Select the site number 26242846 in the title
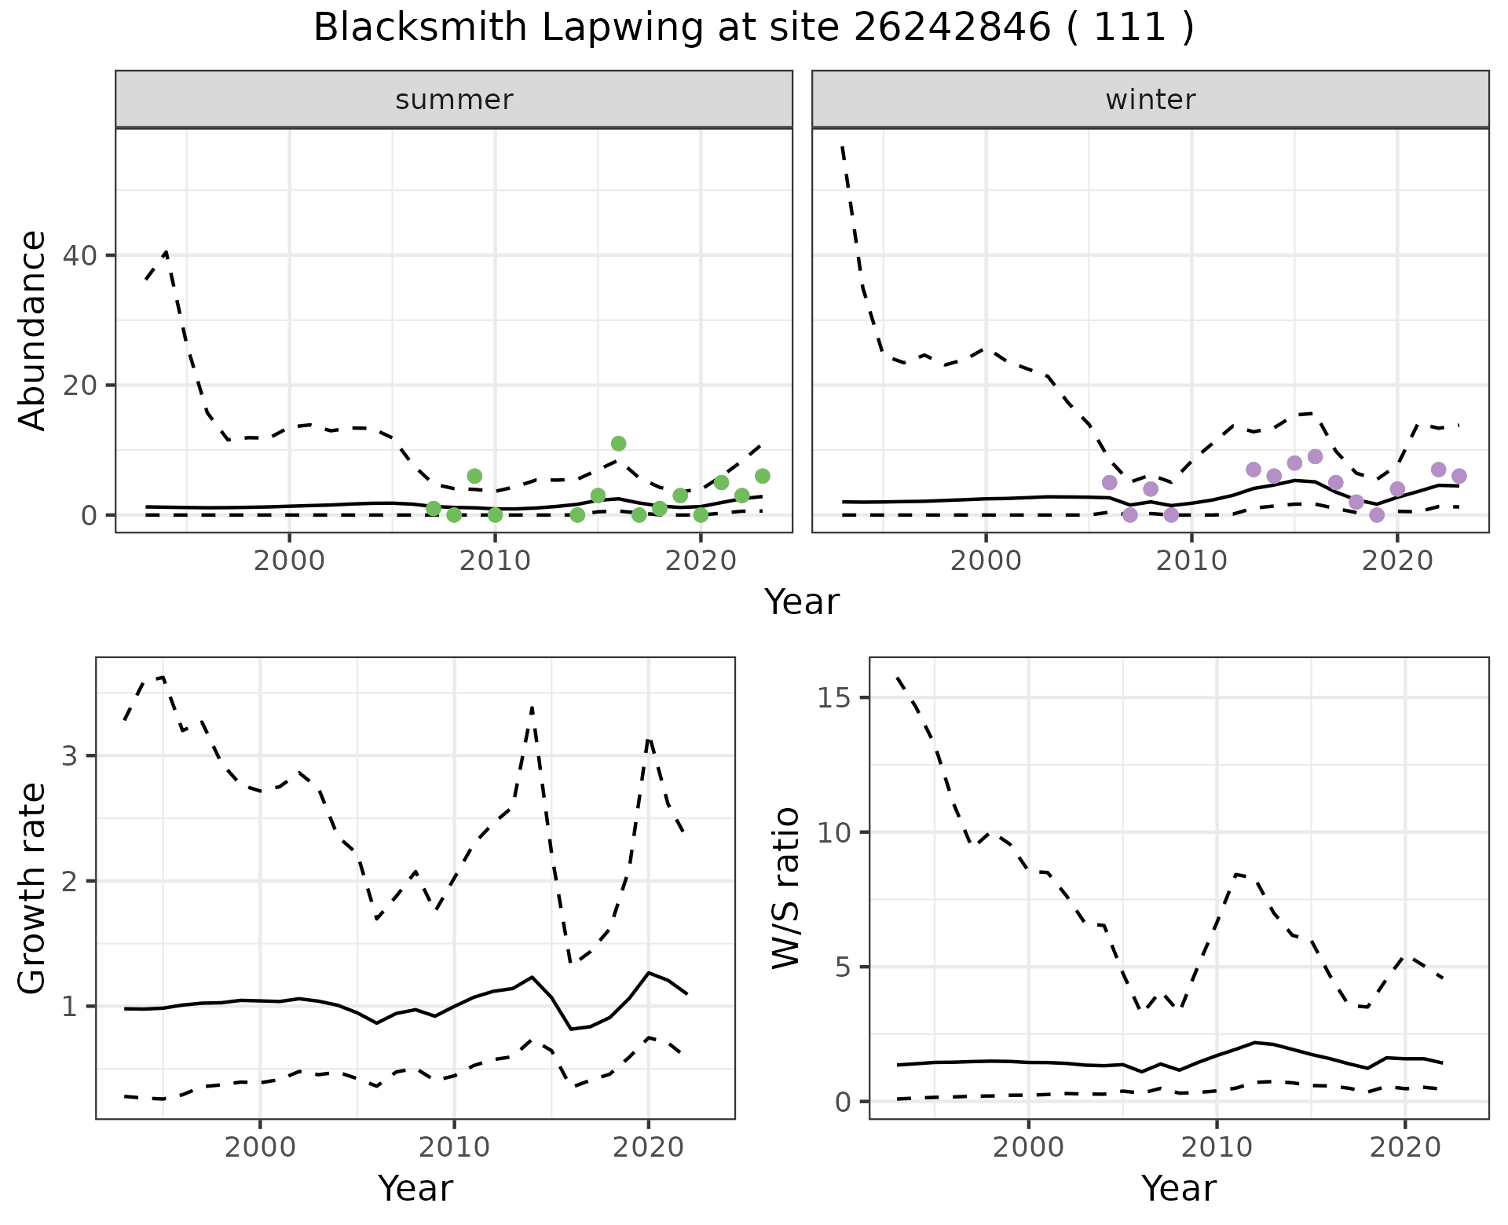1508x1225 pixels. coord(951,28)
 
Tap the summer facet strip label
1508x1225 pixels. coord(454,100)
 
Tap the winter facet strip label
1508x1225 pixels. coord(1150,100)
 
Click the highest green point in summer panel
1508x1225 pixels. coord(618,444)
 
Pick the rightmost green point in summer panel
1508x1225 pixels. coord(762,476)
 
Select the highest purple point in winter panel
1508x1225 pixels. coord(1315,457)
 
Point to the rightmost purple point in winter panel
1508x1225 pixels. coord(1459,476)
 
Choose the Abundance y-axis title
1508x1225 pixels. coord(33,331)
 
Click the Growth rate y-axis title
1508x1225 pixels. coord(33,888)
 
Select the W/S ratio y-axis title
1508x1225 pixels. coord(786,888)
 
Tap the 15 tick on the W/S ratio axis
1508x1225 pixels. coord(835,698)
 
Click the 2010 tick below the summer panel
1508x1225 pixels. coord(495,561)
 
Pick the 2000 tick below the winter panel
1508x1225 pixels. coord(986,561)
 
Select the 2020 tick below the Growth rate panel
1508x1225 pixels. coord(648,1147)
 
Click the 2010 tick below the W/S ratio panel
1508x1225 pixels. coord(1217,1147)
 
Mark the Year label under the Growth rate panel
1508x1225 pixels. coord(415,1188)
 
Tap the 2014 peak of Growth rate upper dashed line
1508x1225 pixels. coord(533,708)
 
